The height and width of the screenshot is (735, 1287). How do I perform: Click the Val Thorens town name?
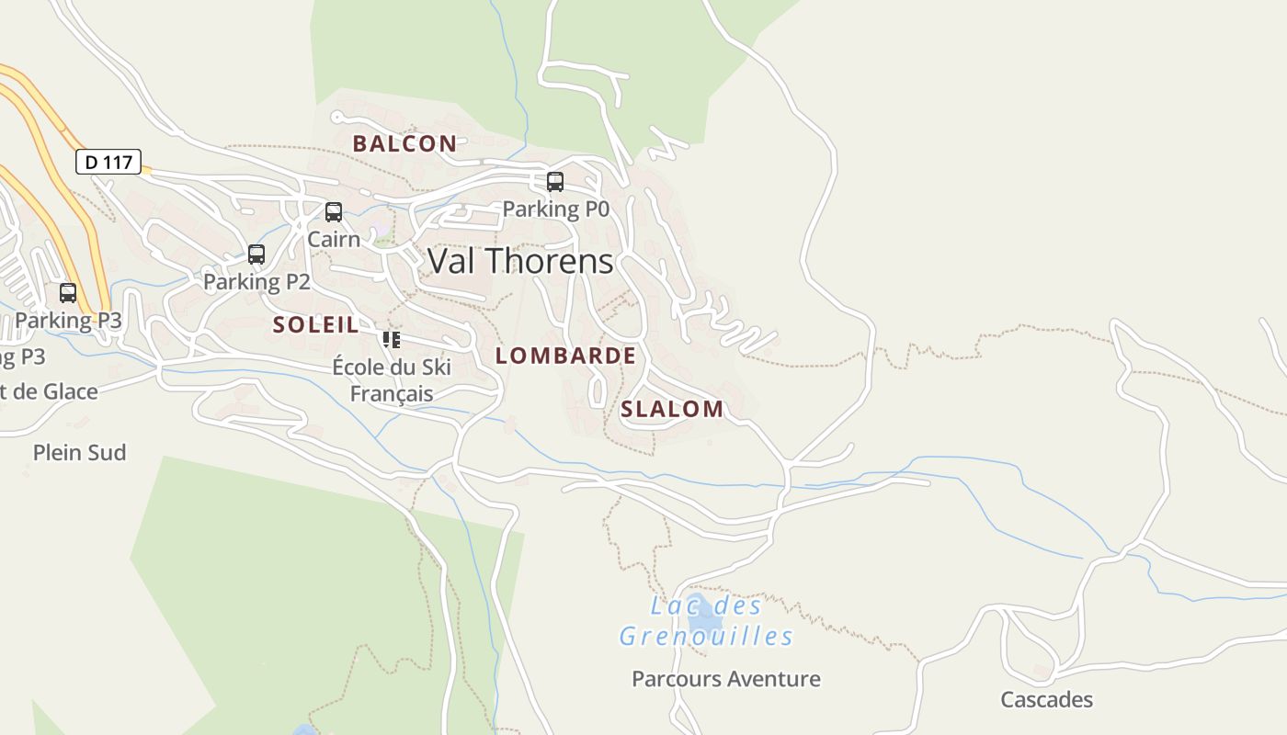(520, 261)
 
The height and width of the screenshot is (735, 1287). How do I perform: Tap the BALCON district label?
(404, 143)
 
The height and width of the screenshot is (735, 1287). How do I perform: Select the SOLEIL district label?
(315, 324)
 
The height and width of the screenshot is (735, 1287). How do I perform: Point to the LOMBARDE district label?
(565, 356)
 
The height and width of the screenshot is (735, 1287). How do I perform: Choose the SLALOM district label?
(672, 409)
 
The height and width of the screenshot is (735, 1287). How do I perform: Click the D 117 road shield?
(108, 163)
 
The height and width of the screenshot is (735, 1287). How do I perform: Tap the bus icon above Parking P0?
(555, 182)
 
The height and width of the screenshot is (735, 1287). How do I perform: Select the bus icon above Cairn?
(334, 212)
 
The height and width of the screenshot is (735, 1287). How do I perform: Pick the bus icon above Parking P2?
(256, 254)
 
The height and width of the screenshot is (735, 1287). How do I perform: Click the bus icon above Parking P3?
(68, 293)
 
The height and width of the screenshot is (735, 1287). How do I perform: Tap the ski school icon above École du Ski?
(392, 340)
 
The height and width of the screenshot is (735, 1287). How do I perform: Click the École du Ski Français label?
(392, 380)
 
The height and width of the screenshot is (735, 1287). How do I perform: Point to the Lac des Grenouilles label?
(706, 621)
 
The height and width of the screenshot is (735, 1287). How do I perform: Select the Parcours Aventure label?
(725, 679)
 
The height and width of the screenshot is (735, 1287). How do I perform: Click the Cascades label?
(1046, 699)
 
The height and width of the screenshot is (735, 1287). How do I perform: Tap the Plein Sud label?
(79, 452)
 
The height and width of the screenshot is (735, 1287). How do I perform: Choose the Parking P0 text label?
(555, 209)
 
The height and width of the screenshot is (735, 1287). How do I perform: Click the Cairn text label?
(334, 239)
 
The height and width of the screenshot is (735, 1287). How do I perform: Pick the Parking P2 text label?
(256, 281)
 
